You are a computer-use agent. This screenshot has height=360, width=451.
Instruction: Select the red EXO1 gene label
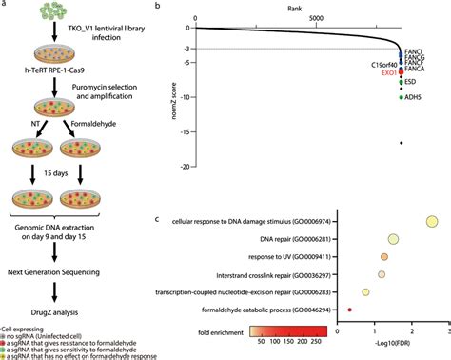coord(386,72)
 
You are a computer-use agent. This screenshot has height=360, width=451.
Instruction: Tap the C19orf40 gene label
coord(382,64)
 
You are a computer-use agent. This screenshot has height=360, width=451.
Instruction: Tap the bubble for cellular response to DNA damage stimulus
coord(430,222)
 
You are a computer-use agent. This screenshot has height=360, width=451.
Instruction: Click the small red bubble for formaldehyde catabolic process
coord(350,310)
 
